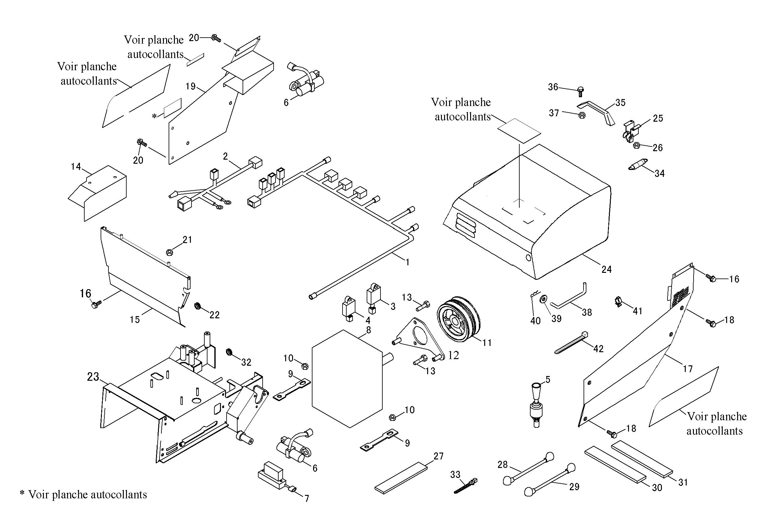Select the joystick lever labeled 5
(x=537, y=406)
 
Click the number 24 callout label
(x=606, y=269)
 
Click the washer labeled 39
(x=543, y=298)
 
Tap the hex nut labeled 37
(x=582, y=115)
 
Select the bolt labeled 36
(x=580, y=91)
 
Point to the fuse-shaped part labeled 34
(x=638, y=165)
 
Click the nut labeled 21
(x=169, y=252)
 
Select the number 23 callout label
(x=93, y=377)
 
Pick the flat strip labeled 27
(x=401, y=478)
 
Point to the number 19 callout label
(x=191, y=86)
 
